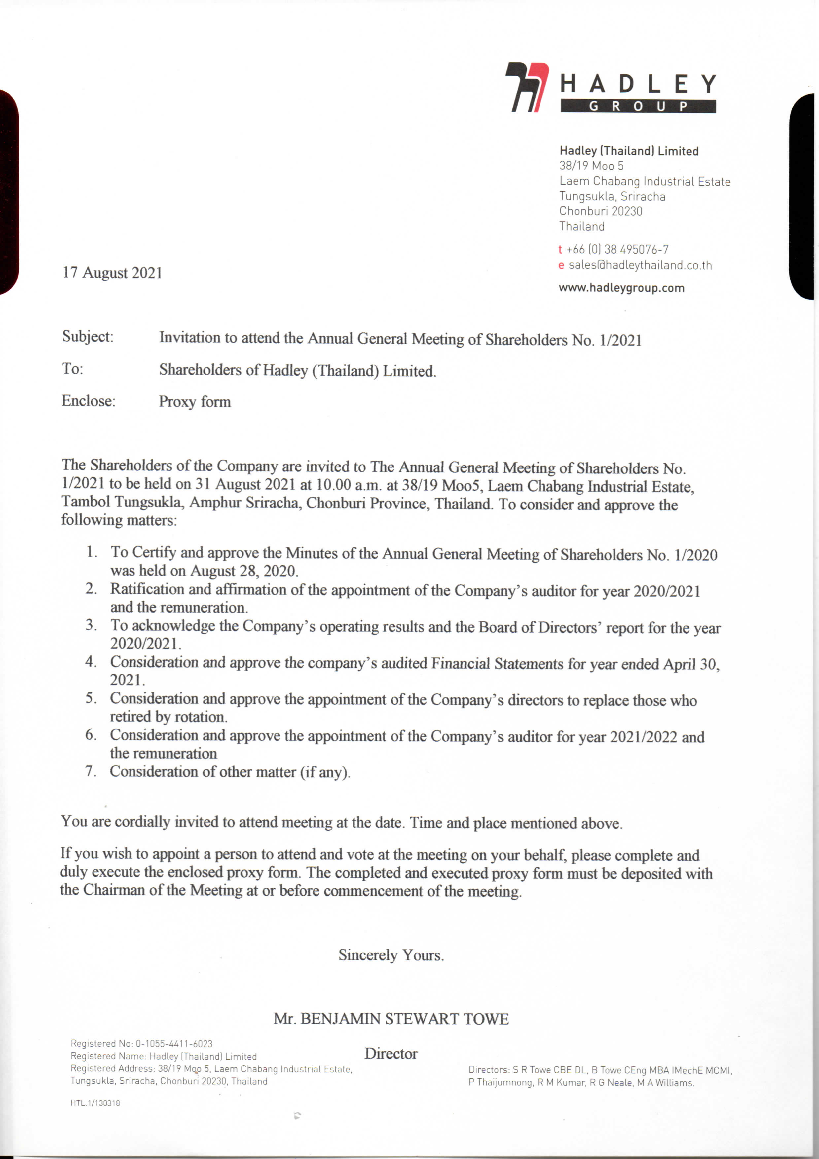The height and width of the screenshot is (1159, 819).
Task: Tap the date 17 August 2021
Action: pos(112,273)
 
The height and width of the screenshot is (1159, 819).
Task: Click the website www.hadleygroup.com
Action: pos(621,288)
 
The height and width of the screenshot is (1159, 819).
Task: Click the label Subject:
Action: pos(88,337)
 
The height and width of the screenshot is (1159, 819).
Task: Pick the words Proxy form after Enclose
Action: pos(195,402)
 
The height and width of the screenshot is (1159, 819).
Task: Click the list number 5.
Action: pos(91,698)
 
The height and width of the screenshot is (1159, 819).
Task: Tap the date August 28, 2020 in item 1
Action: pos(244,571)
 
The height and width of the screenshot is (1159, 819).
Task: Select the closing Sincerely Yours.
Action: pos(391,955)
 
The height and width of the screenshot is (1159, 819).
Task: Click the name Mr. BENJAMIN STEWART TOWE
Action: pos(391,1019)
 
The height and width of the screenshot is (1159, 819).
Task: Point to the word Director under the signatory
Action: pos(391,1054)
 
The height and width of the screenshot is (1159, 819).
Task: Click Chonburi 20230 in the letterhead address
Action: pos(601,211)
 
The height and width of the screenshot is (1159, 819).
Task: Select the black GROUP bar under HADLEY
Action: pos(638,106)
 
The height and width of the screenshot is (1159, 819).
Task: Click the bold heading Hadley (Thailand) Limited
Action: pos(629,151)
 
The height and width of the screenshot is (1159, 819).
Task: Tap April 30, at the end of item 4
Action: pos(691,664)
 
